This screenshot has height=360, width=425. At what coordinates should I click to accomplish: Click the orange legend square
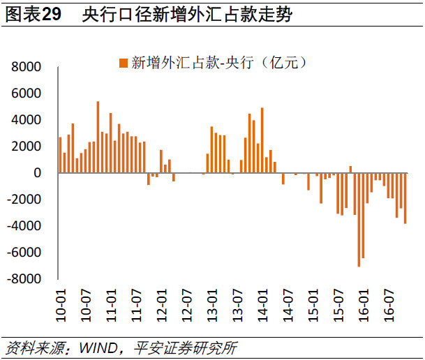click(124, 63)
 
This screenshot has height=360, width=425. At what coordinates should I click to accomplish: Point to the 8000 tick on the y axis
click(26, 67)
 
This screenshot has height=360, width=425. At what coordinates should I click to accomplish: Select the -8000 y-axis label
click(24, 279)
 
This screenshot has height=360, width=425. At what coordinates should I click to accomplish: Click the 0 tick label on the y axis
click(38, 173)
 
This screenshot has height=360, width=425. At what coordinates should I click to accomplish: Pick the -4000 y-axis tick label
click(24, 225)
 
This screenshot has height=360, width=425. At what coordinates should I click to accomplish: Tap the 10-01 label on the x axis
click(61, 306)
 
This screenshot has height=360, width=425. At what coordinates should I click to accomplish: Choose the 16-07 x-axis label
click(389, 306)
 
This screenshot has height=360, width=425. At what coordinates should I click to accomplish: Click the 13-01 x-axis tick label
click(212, 306)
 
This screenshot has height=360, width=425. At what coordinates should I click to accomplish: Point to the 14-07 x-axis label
click(288, 306)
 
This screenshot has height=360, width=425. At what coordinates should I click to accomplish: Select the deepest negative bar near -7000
click(359, 220)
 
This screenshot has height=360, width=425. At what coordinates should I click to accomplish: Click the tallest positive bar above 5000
click(98, 137)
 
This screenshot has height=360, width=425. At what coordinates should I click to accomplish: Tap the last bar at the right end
click(405, 198)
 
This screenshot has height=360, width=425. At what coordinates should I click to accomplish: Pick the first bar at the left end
click(60, 155)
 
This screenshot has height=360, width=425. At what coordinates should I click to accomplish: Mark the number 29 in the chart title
click(52, 14)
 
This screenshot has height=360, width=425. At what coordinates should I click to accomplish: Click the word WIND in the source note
click(98, 348)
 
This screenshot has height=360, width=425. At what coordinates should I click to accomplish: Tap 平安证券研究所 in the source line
click(186, 348)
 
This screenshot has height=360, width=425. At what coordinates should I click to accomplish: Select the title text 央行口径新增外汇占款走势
click(187, 14)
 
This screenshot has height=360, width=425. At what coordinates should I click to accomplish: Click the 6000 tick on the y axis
click(26, 93)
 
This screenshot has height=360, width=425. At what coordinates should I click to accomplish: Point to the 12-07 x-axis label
click(187, 306)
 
